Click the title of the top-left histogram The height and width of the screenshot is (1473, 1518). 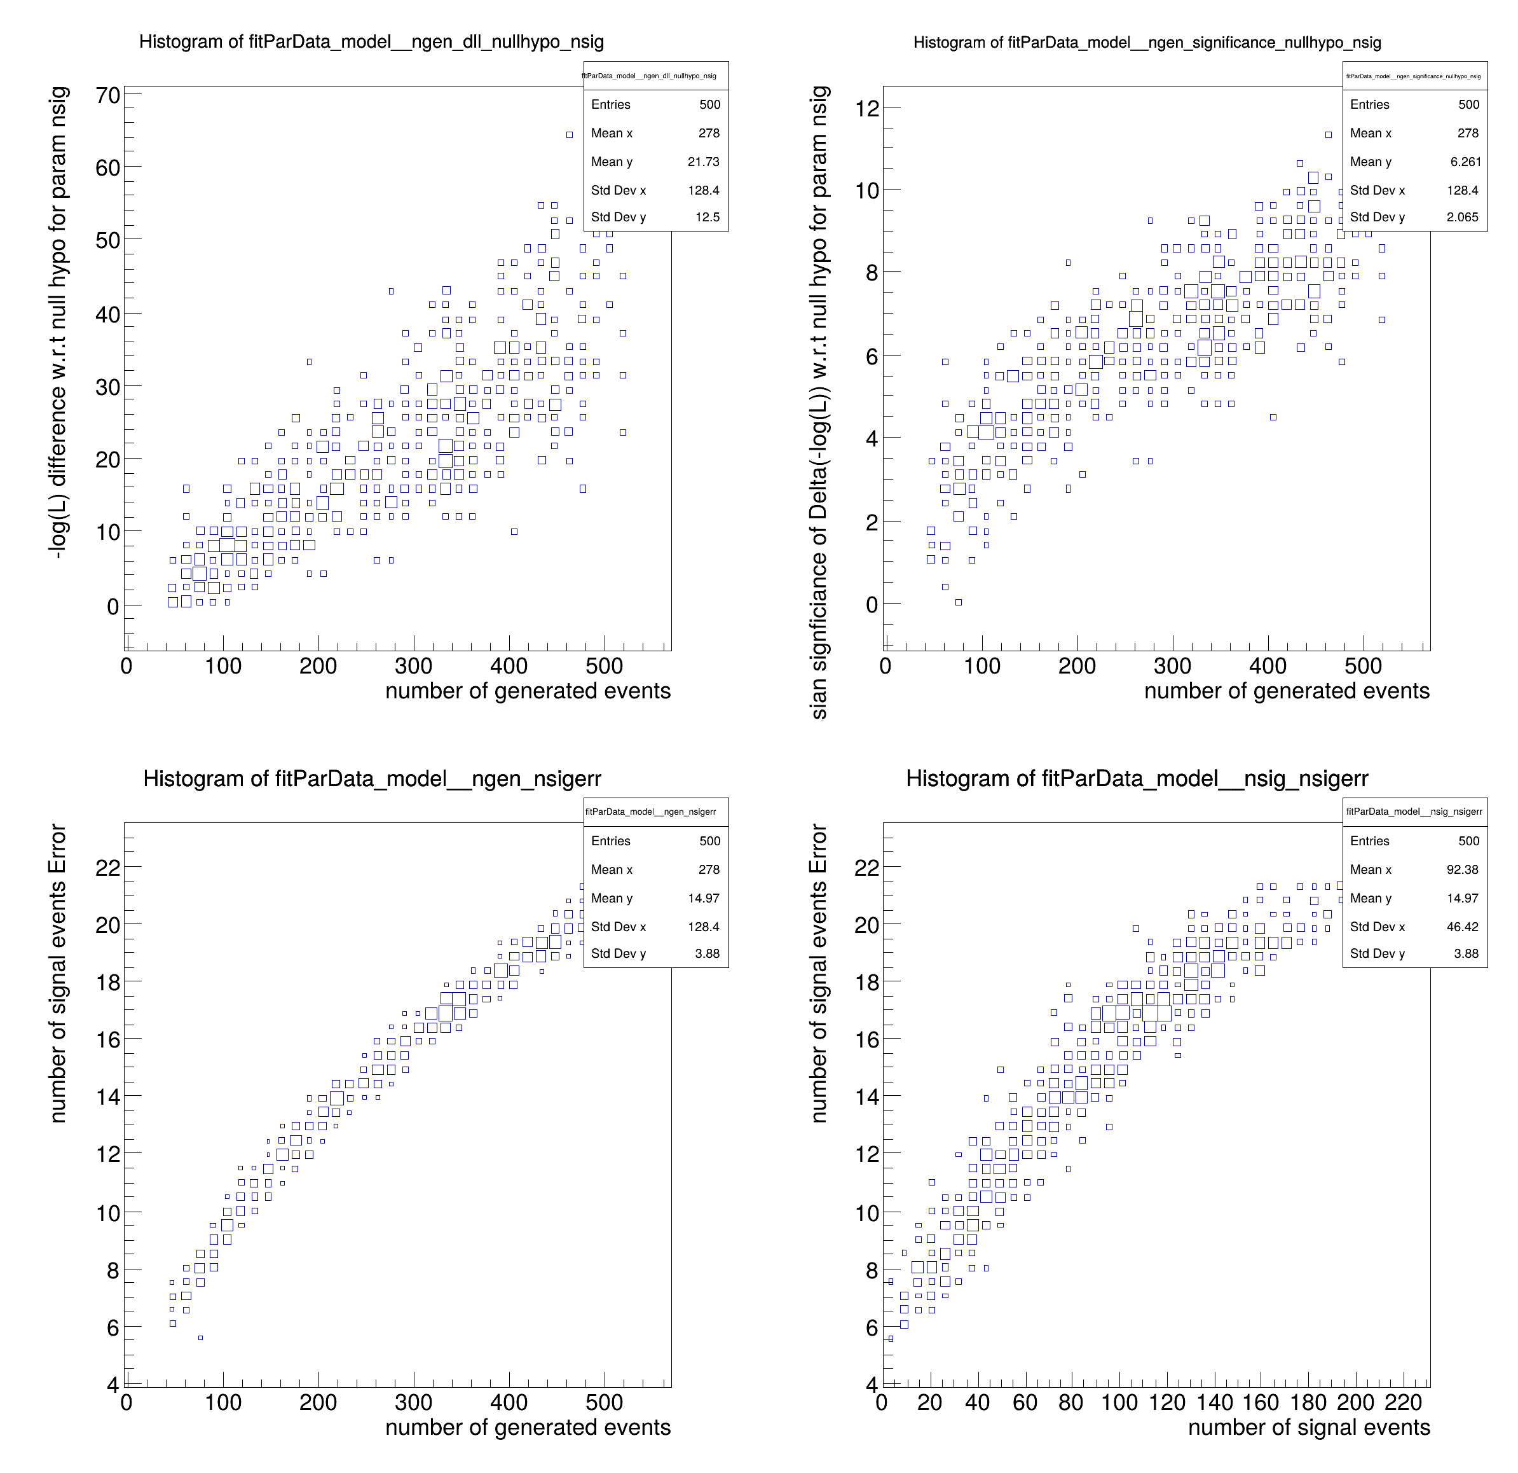371,42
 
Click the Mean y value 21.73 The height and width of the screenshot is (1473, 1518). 703,162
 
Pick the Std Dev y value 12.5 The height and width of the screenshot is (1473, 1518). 707,217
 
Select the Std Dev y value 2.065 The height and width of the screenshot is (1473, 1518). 1462,217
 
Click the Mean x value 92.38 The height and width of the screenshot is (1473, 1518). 1462,869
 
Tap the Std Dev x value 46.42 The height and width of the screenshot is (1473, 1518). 1462,927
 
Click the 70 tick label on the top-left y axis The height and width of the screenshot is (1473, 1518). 107,95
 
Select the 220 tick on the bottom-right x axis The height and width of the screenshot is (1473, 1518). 1404,1402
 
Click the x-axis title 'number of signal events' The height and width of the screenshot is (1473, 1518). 1309,1427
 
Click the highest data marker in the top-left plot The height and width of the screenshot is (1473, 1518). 570,135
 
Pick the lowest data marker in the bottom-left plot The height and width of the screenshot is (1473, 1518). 200,1338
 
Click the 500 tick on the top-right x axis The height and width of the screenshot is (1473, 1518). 1363,666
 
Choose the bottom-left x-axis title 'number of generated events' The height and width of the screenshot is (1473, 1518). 528,1427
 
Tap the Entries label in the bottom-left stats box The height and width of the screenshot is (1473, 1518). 610,841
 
